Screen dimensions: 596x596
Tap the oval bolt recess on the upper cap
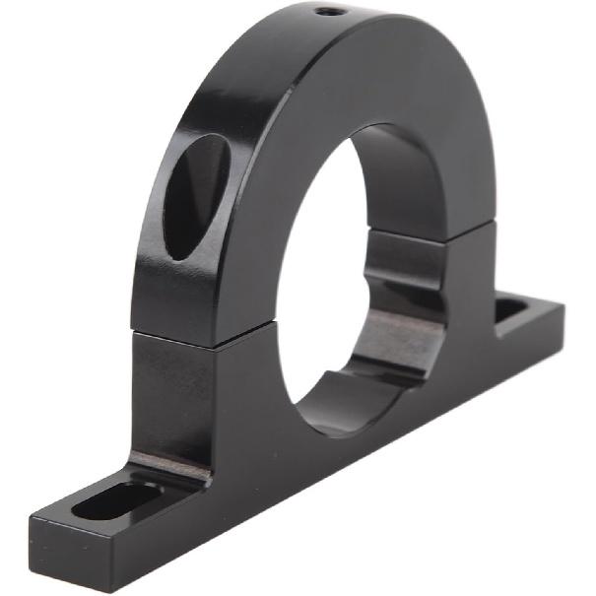[x=196, y=197]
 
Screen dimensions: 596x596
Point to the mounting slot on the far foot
[x=509, y=312]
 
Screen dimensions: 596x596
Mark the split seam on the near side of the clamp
[x=187, y=338]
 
